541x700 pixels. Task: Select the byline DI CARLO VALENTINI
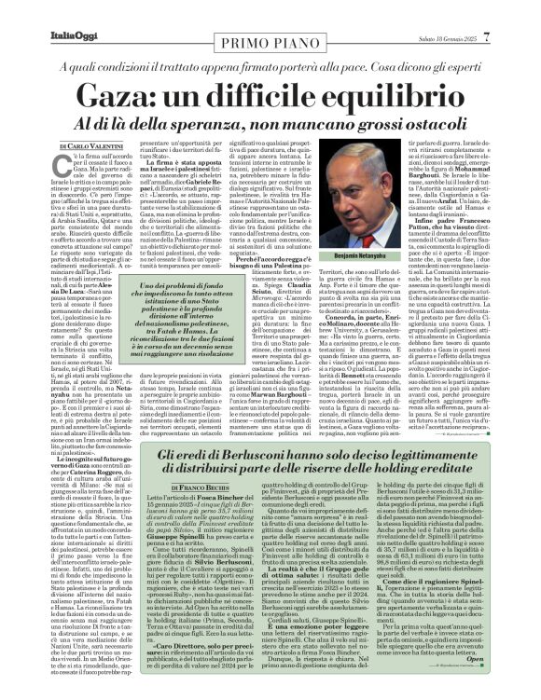92,146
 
